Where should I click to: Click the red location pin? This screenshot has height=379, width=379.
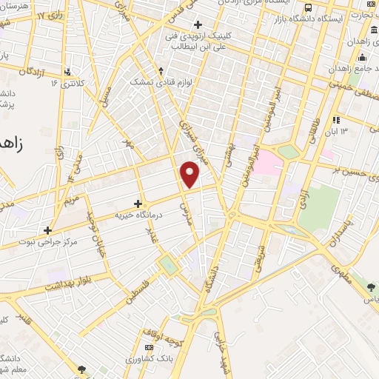190,174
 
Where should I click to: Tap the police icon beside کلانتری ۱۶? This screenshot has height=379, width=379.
68,73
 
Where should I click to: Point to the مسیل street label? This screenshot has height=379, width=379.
105,93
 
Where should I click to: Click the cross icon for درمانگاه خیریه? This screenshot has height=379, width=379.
138,203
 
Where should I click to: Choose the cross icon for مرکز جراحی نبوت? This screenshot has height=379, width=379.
48,230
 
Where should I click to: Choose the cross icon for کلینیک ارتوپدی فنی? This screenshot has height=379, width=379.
197,25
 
